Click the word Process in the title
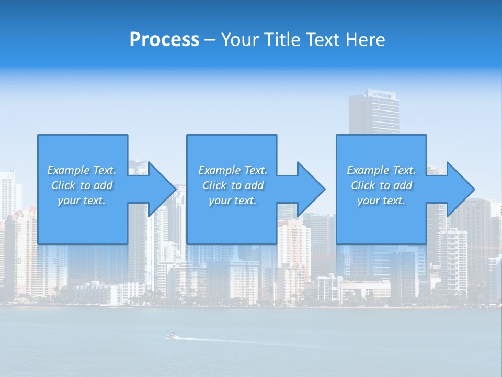pyautogui.click(x=164, y=40)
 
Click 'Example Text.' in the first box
pyautogui.click(x=82, y=170)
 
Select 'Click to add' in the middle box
pyautogui.click(x=233, y=185)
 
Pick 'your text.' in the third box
pyautogui.click(x=381, y=201)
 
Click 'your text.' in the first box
pyautogui.click(x=82, y=201)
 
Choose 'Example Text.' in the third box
pyautogui.click(x=381, y=170)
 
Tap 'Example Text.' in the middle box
pyautogui.click(x=233, y=170)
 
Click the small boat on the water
pyautogui.click(x=170, y=336)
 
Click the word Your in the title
pyautogui.click(x=238, y=40)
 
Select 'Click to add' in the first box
pyautogui.click(x=82, y=185)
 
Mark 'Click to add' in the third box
pyautogui.click(x=381, y=185)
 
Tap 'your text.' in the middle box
pyautogui.click(x=233, y=201)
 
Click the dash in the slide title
pyautogui.click(x=210, y=40)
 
